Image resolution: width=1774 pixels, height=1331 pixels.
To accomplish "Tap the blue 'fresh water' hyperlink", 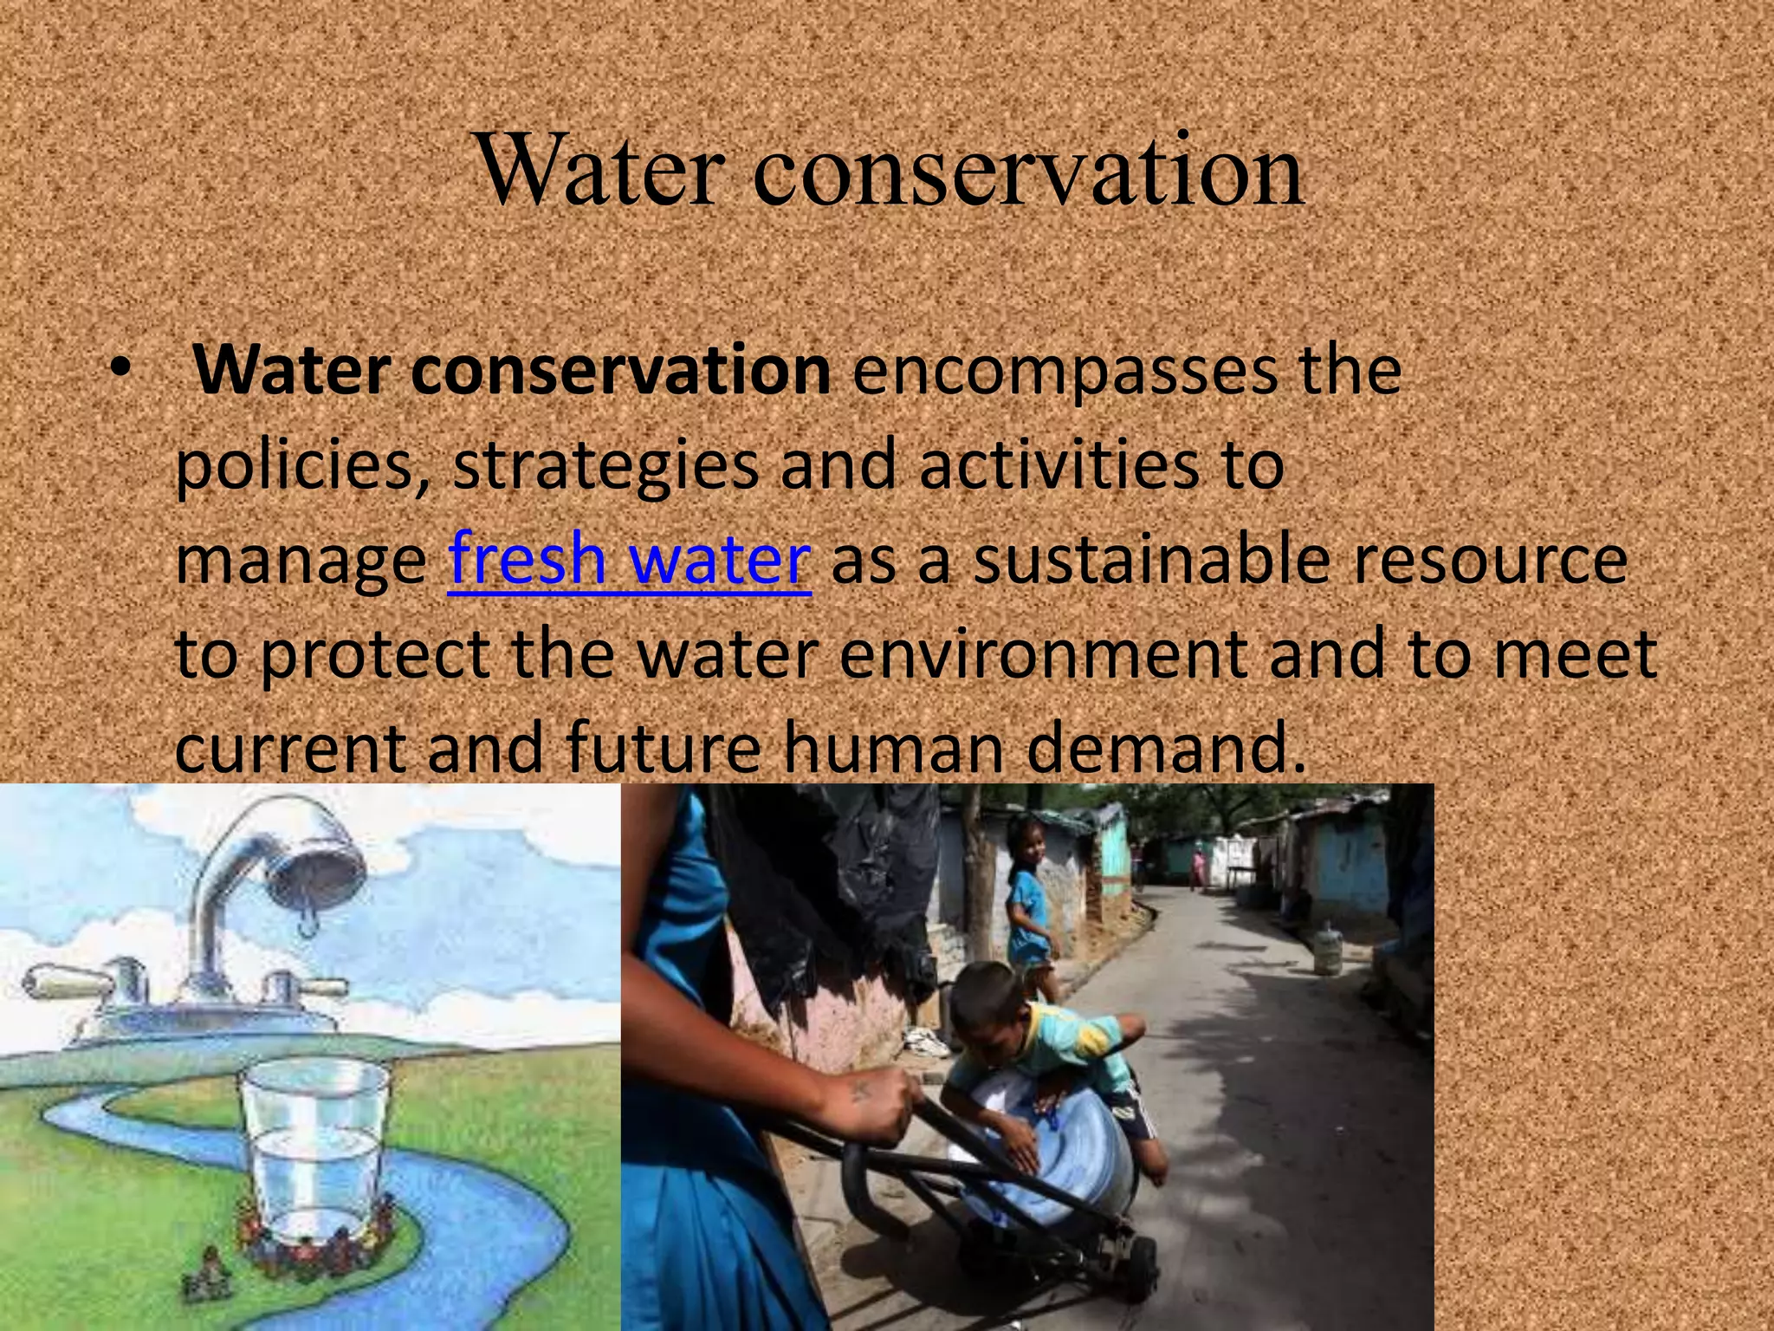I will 629,560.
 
